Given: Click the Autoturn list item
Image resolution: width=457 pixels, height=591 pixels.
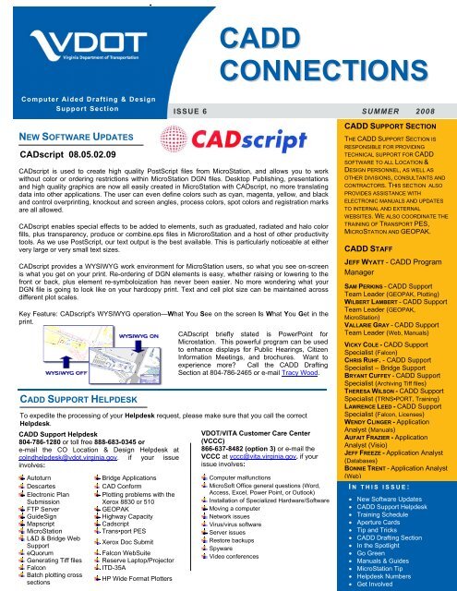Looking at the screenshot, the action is [42, 453].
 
